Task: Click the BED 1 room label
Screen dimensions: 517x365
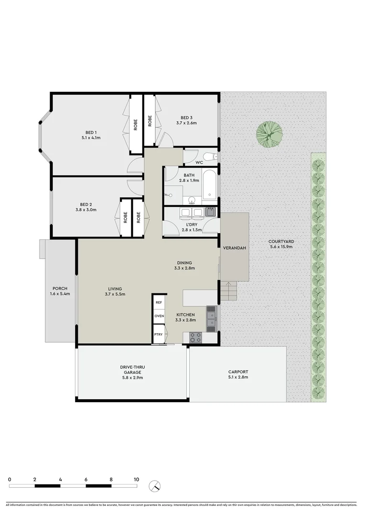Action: (91, 133)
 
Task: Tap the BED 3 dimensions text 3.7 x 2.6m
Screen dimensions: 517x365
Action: (186, 123)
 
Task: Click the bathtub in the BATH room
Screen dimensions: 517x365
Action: (210, 187)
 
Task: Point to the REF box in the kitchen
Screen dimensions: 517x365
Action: (159, 303)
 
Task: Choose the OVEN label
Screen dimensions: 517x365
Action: (159, 316)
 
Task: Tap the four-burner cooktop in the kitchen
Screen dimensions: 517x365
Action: (195, 337)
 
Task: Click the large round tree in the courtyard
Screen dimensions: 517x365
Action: (268, 134)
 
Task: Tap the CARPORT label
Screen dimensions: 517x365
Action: (238, 372)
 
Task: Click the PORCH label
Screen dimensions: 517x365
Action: (60, 288)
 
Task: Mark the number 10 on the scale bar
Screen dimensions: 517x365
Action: (137, 479)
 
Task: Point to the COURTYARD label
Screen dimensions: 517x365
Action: (280, 241)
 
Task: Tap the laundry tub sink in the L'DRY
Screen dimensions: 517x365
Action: (210, 211)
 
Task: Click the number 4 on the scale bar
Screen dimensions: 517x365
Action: (60, 479)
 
